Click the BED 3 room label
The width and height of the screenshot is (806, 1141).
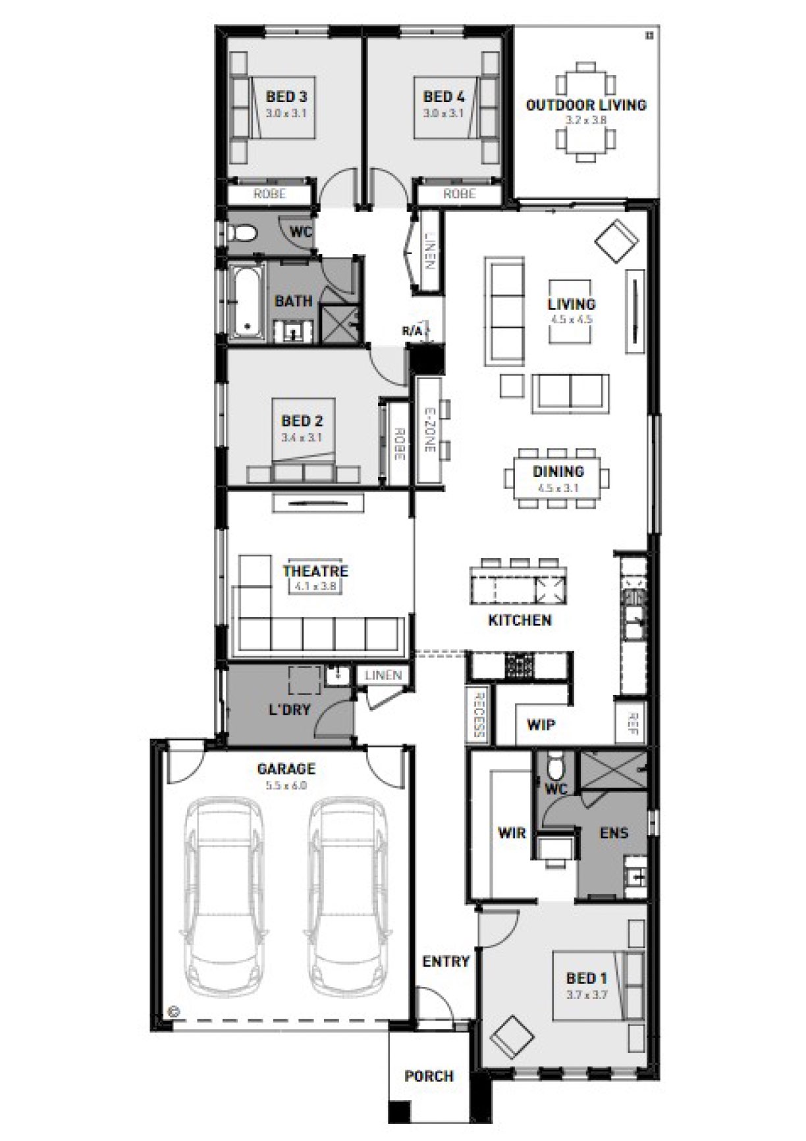(x=286, y=97)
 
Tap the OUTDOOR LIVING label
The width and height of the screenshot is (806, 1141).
(x=585, y=105)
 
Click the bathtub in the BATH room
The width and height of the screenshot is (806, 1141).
(x=246, y=302)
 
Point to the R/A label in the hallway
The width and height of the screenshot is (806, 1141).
(x=412, y=331)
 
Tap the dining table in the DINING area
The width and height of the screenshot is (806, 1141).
(x=557, y=479)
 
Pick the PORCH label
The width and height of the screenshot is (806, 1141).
(x=429, y=1077)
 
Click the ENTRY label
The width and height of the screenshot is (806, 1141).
(x=446, y=961)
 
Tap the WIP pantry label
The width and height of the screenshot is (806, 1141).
(x=541, y=725)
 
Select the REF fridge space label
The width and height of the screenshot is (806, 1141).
(x=633, y=723)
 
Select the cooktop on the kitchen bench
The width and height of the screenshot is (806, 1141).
(x=519, y=665)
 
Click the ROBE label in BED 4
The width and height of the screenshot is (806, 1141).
(x=459, y=194)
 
